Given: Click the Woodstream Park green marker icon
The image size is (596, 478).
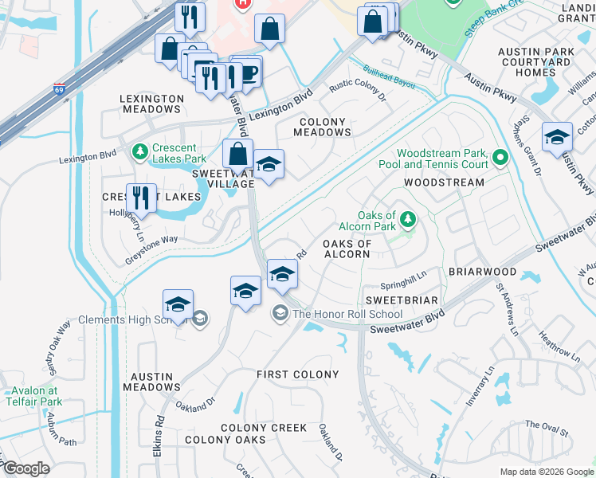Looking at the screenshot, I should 500,156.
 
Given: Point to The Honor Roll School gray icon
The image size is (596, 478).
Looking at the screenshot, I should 280,313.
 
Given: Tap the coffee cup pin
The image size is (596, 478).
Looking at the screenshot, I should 248,71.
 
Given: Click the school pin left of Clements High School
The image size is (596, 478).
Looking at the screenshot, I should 178,304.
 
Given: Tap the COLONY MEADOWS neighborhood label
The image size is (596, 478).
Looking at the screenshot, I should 323,127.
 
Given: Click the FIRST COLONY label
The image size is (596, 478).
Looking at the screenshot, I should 297,374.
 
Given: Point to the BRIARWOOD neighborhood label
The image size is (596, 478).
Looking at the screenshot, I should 482,272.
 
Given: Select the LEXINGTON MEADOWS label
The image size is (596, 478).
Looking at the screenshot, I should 150,104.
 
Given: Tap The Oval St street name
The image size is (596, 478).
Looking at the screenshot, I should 546,430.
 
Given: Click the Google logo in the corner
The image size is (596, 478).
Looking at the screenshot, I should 26,468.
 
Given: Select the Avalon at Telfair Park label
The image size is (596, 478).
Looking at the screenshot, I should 34,396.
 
